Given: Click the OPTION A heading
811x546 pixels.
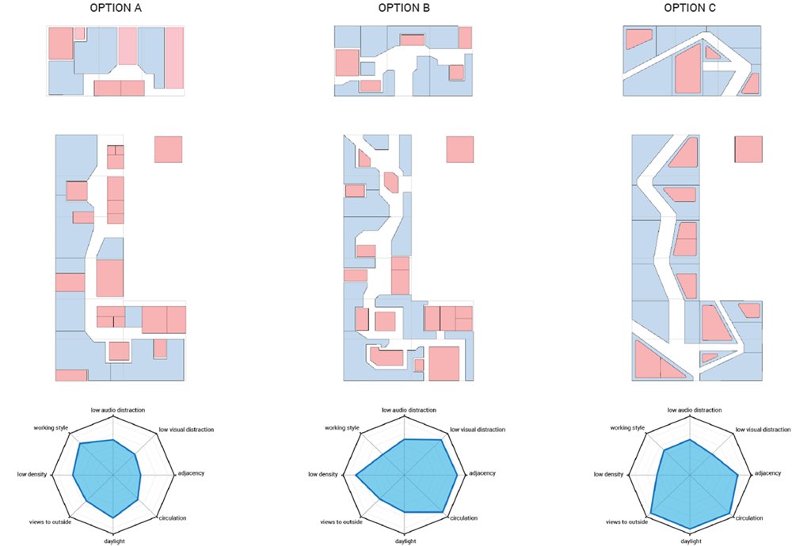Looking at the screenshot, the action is click(x=116, y=8).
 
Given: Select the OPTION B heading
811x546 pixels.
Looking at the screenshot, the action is click(x=404, y=8).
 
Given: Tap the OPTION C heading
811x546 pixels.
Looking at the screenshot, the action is click(x=690, y=8).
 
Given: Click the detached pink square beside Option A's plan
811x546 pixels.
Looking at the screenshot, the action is click(x=168, y=150).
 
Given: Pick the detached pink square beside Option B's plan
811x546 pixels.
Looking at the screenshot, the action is click(x=460, y=150).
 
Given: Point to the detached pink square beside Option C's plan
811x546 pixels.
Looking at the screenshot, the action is click(x=748, y=150).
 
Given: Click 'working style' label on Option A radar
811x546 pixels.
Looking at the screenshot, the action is click(x=51, y=428).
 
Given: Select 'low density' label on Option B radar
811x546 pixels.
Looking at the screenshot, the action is click(x=323, y=474).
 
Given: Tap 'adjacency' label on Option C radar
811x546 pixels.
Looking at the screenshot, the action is click(x=767, y=473).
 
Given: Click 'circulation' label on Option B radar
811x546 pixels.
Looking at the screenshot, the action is click(x=464, y=518).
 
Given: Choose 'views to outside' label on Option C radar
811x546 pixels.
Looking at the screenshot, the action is click(x=627, y=521).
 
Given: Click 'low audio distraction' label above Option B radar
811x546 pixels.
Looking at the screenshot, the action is click(x=409, y=410).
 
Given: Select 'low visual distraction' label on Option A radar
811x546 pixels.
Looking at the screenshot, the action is click(x=186, y=429).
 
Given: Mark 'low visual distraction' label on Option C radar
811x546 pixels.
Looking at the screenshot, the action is click(x=763, y=429).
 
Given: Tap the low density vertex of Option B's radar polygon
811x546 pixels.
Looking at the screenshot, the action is click(x=356, y=474).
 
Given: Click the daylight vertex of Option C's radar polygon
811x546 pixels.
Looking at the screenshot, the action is click(x=691, y=529).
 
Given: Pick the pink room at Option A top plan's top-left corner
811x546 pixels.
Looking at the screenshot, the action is click(x=60, y=44).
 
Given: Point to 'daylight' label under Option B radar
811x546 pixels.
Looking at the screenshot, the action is click(x=406, y=541).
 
